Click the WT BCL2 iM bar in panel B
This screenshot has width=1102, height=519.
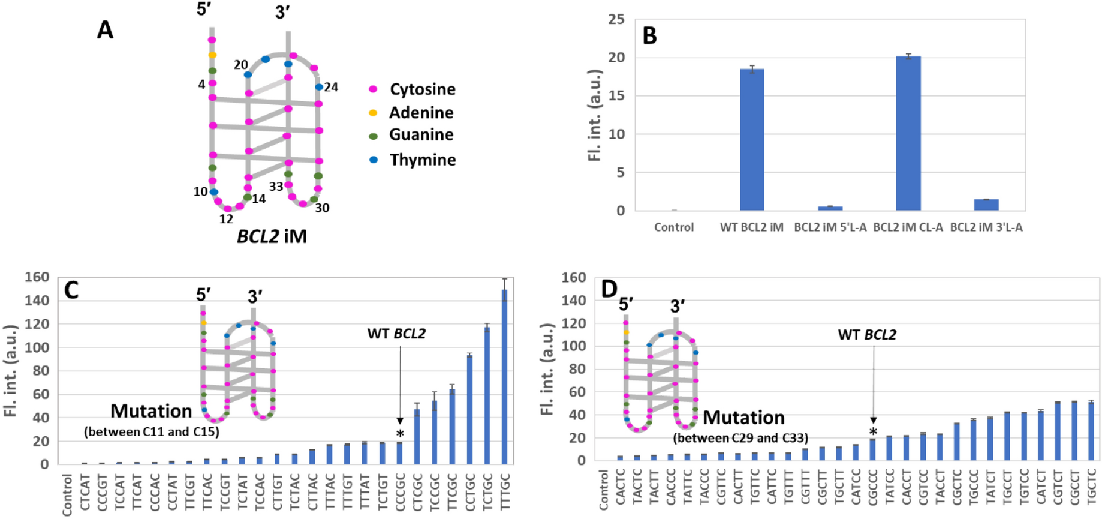[751, 140]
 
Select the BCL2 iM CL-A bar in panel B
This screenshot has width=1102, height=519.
[908, 133]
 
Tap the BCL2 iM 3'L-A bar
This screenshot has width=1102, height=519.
[986, 205]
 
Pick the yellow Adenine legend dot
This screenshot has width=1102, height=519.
[373, 113]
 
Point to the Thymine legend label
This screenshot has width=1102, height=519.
[422, 160]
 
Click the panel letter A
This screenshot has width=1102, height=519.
[105, 29]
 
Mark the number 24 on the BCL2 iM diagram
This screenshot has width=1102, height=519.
[331, 88]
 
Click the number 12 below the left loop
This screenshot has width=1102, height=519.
[226, 219]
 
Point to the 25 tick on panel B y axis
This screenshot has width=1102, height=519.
[616, 20]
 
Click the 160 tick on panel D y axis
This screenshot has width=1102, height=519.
[573, 277]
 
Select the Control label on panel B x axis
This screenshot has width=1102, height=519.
[673, 227]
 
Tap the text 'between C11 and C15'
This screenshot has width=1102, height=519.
[152, 431]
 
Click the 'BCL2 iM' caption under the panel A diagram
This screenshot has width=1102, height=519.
[272, 236]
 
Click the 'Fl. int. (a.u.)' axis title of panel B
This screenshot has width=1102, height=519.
[594, 115]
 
